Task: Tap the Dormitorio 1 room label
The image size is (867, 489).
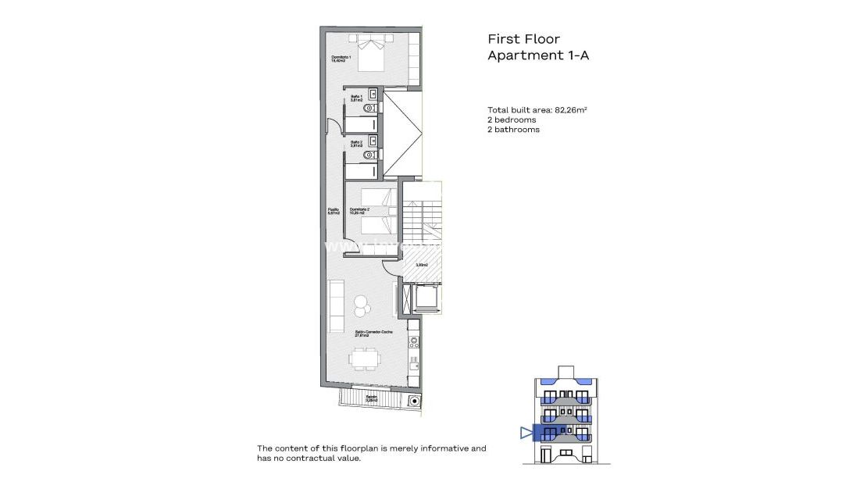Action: click(341, 59)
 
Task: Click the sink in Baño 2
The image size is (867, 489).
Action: click(374, 141)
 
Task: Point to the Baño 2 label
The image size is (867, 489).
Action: click(356, 144)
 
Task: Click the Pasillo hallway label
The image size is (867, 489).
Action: click(334, 211)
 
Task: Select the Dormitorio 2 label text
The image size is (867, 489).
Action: click(360, 211)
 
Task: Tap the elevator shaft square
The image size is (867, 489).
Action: click(425, 298)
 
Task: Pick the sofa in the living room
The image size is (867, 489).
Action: click(336, 306)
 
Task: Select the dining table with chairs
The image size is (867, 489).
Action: click(364, 359)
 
